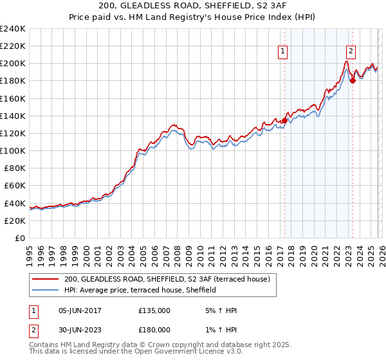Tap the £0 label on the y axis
(x=19, y=238)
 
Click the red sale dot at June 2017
(x=284, y=120)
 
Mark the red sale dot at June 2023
(x=353, y=81)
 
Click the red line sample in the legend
(x=45, y=279)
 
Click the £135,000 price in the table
(x=154, y=310)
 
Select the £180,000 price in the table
(x=154, y=329)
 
